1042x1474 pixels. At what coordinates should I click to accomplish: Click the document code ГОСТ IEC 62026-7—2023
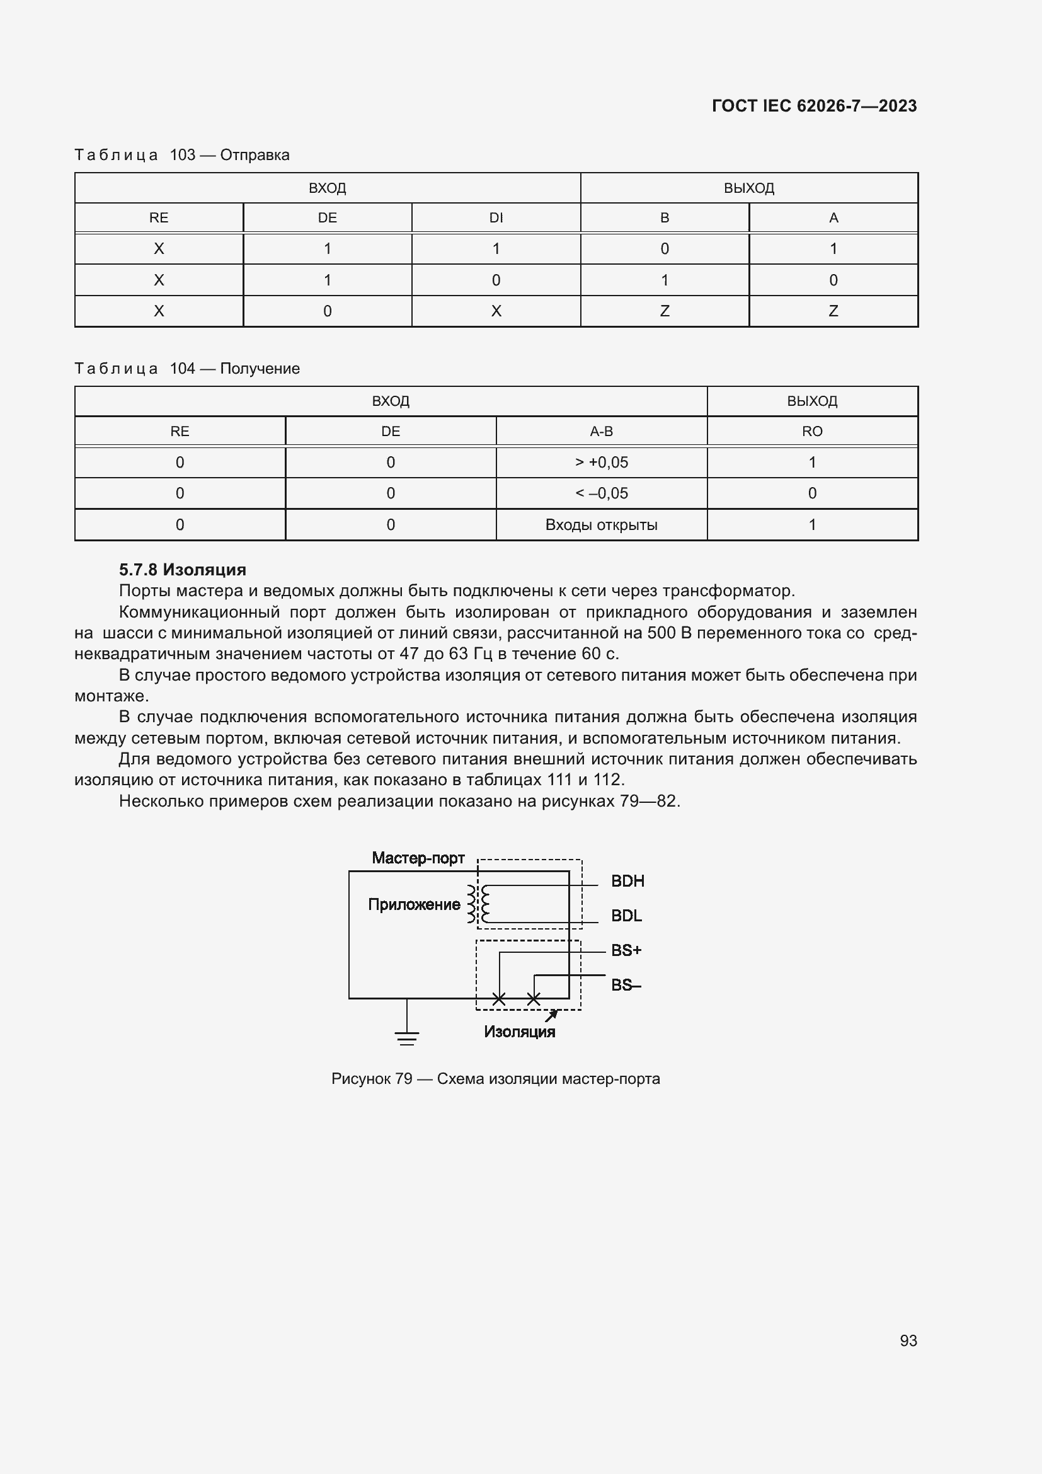click(x=813, y=106)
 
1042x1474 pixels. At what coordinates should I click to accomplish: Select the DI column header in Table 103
click(x=495, y=217)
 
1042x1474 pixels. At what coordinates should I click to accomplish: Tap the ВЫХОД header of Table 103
click(x=749, y=188)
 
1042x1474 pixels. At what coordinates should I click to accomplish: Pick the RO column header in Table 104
click(x=811, y=432)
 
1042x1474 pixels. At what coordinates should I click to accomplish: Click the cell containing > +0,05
click(x=601, y=462)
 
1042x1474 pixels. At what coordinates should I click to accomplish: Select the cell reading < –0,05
click(x=601, y=493)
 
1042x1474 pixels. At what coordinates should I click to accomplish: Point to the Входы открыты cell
click(x=601, y=524)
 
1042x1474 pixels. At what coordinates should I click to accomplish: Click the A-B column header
click(x=601, y=432)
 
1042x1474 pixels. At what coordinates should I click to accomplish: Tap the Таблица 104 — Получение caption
click(x=186, y=369)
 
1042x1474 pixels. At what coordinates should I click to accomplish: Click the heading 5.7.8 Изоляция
click(x=182, y=570)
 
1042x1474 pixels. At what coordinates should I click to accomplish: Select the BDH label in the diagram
click(x=627, y=881)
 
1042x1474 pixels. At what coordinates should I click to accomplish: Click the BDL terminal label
click(x=626, y=916)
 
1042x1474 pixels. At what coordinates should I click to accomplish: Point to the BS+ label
click(x=626, y=950)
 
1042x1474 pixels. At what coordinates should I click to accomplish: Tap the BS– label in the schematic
click(x=626, y=985)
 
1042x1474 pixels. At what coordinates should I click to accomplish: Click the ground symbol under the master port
click(x=407, y=1035)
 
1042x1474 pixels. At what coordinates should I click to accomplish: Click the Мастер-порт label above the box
click(x=418, y=858)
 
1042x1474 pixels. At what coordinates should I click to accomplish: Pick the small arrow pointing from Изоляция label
click(x=551, y=1015)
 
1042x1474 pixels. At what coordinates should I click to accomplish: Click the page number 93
click(x=908, y=1340)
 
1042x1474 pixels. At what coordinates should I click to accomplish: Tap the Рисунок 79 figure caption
click(x=495, y=1078)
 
